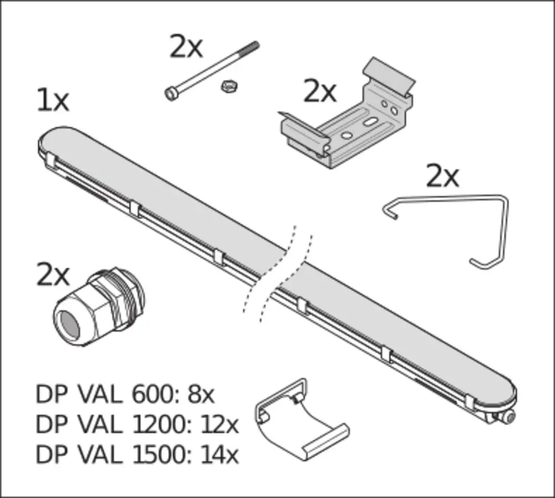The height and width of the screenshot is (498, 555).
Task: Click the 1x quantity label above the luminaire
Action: (x=53, y=100)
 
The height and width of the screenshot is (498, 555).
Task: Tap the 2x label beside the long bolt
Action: (x=186, y=47)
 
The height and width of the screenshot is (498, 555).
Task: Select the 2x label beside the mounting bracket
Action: (x=320, y=92)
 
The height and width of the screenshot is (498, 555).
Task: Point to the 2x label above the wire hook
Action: (x=442, y=175)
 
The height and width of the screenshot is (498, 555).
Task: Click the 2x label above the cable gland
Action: (x=53, y=274)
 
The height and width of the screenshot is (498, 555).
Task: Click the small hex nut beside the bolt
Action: (x=229, y=86)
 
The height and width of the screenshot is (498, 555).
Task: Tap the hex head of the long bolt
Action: (x=171, y=94)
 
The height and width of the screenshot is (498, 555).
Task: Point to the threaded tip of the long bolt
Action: (x=252, y=47)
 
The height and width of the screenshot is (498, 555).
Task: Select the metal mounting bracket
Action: (x=347, y=113)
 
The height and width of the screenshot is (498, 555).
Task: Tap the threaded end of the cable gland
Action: (x=128, y=295)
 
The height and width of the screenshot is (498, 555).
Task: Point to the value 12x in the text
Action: (x=220, y=424)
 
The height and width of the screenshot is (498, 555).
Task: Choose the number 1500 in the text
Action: (x=159, y=455)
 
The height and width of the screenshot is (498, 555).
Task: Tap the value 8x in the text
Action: (x=201, y=394)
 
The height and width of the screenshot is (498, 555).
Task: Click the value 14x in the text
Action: (x=219, y=455)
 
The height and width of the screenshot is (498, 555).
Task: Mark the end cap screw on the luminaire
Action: (x=510, y=417)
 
